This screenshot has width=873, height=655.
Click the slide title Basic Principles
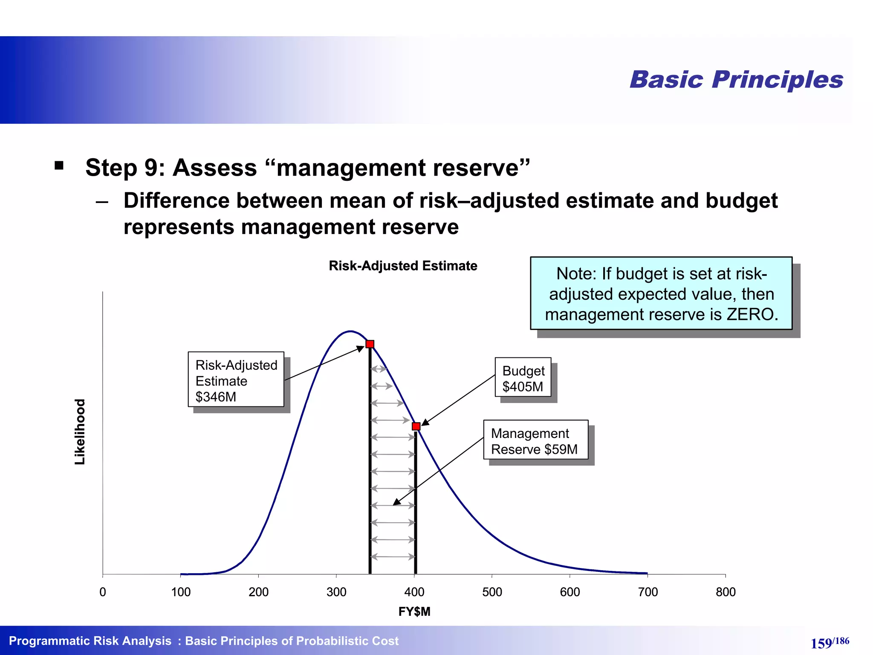tap(736, 80)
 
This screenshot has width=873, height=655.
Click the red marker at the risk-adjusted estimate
tap(370, 344)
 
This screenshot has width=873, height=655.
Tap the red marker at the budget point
tap(416, 426)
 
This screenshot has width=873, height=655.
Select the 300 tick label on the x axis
tap(336, 592)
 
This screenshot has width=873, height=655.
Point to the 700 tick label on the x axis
tap(648, 592)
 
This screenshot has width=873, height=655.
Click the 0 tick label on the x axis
tap(103, 592)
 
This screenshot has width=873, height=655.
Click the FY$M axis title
tap(414, 612)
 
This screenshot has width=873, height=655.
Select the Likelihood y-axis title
tap(80, 432)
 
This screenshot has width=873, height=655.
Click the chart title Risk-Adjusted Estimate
tap(403, 266)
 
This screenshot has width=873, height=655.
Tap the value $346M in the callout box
tap(216, 397)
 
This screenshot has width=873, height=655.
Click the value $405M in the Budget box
tap(523, 387)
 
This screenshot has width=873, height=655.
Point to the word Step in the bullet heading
tap(111, 168)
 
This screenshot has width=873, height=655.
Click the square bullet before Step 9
tap(59, 165)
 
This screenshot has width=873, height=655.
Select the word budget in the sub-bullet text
tap(741, 200)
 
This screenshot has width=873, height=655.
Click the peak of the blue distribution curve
tap(350, 331)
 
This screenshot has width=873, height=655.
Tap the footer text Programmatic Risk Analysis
tap(90, 641)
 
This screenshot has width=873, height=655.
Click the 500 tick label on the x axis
tap(492, 592)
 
